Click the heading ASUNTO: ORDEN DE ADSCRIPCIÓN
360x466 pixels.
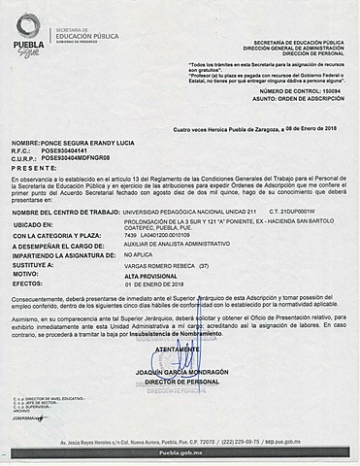click(295, 99)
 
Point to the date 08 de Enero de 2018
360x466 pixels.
click(309, 128)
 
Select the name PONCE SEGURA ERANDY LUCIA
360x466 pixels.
click(83, 143)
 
